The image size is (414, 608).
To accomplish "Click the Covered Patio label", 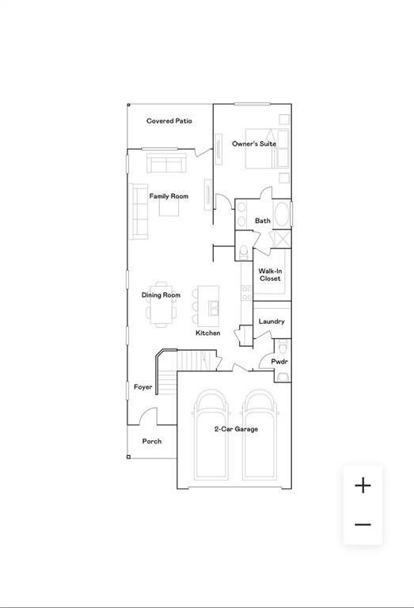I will pos(169,121).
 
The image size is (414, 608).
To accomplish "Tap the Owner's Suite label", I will pos(254,144).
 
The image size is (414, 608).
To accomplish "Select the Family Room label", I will pos(169,196).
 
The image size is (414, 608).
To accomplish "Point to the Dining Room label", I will pos(161,295).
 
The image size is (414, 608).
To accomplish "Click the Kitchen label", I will pos(208,333).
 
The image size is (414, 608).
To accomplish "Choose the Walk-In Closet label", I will pos(270,275).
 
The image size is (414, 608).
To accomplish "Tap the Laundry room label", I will pos(272,321).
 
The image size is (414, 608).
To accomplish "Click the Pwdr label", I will pos(279,362).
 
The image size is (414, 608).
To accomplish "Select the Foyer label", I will pos(142,387).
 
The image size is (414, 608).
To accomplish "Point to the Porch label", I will pos(151,441).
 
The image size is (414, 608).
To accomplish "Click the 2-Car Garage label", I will pos(236,429).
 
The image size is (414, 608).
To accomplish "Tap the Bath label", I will pos(263,221).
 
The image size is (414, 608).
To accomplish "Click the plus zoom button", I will pos(363,485).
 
